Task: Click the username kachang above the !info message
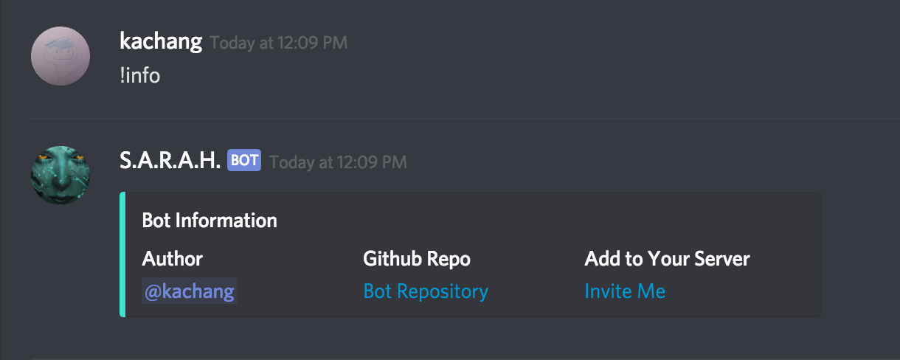pos(160,41)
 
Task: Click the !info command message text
pos(139,75)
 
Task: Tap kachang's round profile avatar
pos(60,56)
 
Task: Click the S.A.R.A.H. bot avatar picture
pos(60,176)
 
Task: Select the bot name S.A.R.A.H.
pos(170,160)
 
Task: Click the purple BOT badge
pos(244,160)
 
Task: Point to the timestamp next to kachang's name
pos(278,43)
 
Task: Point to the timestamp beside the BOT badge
pos(338,162)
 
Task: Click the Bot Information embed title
pos(210,220)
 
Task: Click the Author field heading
pos(173,258)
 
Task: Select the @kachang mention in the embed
pos(190,291)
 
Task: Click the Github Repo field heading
pos(417,258)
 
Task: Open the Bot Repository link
pos(426,291)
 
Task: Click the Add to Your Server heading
pos(667,258)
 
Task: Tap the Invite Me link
pos(625,291)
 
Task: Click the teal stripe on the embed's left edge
pos(122,255)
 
